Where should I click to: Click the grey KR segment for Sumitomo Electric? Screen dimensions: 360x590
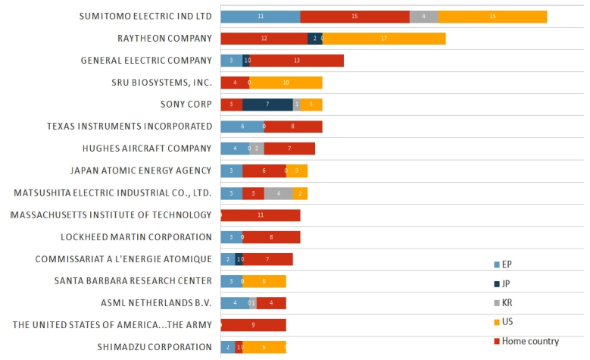click(x=423, y=17)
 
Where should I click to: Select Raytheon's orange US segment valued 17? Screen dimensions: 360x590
click(x=384, y=39)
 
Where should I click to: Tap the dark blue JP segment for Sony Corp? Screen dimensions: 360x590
click(x=267, y=105)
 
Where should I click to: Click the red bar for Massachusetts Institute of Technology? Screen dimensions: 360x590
click(x=261, y=215)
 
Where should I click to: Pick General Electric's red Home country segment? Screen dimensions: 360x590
click(x=296, y=61)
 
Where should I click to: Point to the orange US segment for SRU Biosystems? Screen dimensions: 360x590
click(x=286, y=83)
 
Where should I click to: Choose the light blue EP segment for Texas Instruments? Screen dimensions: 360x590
click(x=242, y=127)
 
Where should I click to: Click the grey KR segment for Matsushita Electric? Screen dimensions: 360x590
click(x=278, y=193)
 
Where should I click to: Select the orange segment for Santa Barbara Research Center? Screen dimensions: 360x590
click(x=264, y=281)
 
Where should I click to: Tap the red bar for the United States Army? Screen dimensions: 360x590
click(x=253, y=325)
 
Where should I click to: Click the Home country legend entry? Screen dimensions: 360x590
click(x=529, y=341)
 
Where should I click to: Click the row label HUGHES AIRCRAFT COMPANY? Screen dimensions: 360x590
click(x=147, y=149)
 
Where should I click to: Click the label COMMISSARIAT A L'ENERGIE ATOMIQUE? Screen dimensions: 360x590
click(x=123, y=259)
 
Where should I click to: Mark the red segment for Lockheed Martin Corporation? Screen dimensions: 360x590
click(x=271, y=237)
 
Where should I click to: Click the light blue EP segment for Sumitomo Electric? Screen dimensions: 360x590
click(x=260, y=17)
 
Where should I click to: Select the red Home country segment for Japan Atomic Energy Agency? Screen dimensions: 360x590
click(x=264, y=171)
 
